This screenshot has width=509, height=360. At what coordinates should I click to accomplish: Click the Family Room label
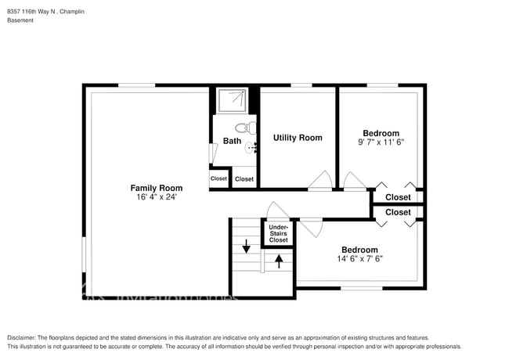(157, 188)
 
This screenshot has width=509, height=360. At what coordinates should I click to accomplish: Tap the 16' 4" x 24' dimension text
(157, 197)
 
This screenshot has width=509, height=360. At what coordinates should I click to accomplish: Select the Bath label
(232, 142)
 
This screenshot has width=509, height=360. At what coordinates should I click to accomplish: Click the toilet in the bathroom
(244, 128)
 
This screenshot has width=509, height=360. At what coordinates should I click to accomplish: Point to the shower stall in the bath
(233, 100)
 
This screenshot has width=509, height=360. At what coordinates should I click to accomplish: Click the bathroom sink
(251, 147)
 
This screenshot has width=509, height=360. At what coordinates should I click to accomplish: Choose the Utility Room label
(298, 138)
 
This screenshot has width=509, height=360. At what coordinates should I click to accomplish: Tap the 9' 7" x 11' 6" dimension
(381, 142)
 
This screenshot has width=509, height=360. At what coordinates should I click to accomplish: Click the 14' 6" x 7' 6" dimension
(359, 259)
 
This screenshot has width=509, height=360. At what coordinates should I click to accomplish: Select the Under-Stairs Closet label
(278, 233)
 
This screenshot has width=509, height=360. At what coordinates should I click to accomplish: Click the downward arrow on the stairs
(247, 247)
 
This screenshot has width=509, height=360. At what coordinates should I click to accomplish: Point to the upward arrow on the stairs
(278, 261)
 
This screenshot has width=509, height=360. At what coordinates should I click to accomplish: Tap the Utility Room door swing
(319, 181)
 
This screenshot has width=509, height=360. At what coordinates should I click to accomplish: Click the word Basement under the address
(20, 20)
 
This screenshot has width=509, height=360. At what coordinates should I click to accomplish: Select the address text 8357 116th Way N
(39, 9)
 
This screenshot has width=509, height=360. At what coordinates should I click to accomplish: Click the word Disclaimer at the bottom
(24, 338)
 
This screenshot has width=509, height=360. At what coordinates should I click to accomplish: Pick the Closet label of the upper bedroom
(398, 197)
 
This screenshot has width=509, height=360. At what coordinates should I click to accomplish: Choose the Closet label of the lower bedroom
(398, 212)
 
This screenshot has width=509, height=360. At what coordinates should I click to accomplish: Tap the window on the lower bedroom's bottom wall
(361, 288)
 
